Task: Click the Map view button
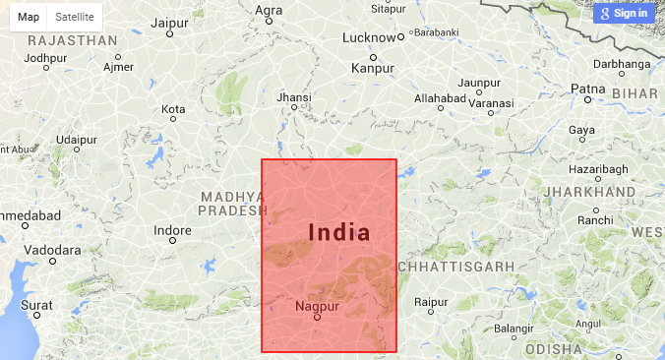(x=29, y=17)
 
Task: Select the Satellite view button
(x=75, y=17)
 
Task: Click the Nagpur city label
(x=317, y=307)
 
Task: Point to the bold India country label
(x=339, y=232)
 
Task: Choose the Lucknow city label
(x=370, y=38)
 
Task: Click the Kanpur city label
(x=373, y=69)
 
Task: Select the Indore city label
(x=173, y=230)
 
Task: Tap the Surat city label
(x=37, y=306)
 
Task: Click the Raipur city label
(x=431, y=303)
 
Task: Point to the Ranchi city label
(x=595, y=220)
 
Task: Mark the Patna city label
(x=588, y=90)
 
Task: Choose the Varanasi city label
(x=490, y=102)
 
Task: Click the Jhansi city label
(x=294, y=97)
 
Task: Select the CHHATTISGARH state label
(x=456, y=267)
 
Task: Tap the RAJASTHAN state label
(x=73, y=40)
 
